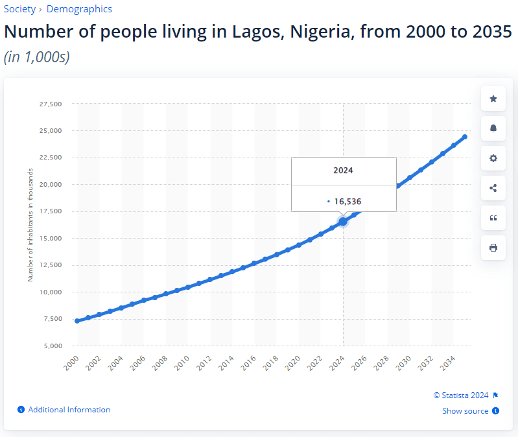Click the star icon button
click(x=493, y=99)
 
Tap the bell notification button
click(x=493, y=128)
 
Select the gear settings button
click(x=493, y=158)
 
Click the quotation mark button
click(x=493, y=218)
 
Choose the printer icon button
click(x=493, y=248)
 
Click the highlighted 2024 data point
click(x=343, y=221)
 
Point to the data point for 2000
click(x=77, y=321)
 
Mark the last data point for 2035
click(x=465, y=137)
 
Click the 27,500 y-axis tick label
click(x=50, y=104)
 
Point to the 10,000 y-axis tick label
click(x=50, y=292)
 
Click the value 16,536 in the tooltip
click(x=347, y=202)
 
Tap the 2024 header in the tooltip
click(x=343, y=171)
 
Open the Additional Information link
click(x=69, y=410)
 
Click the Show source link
click(x=465, y=411)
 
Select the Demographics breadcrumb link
click(x=79, y=9)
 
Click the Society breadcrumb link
click(x=19, y=9)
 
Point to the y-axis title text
click(x=30, y=225)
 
